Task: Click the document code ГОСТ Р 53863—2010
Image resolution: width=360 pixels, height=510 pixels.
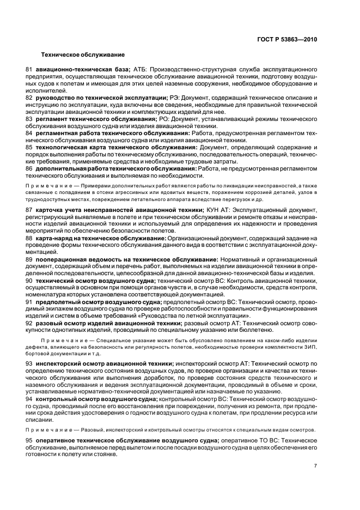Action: point(288,39)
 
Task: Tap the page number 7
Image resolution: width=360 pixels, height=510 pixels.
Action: point(315,465)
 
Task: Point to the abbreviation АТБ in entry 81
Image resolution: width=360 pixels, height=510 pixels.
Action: point(139,70)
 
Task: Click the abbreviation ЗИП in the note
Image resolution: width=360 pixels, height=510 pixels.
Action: point(310,346)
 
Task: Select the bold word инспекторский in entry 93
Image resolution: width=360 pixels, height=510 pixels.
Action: point(59,363)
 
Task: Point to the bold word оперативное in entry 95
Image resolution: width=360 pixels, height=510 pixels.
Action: point(60,440)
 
